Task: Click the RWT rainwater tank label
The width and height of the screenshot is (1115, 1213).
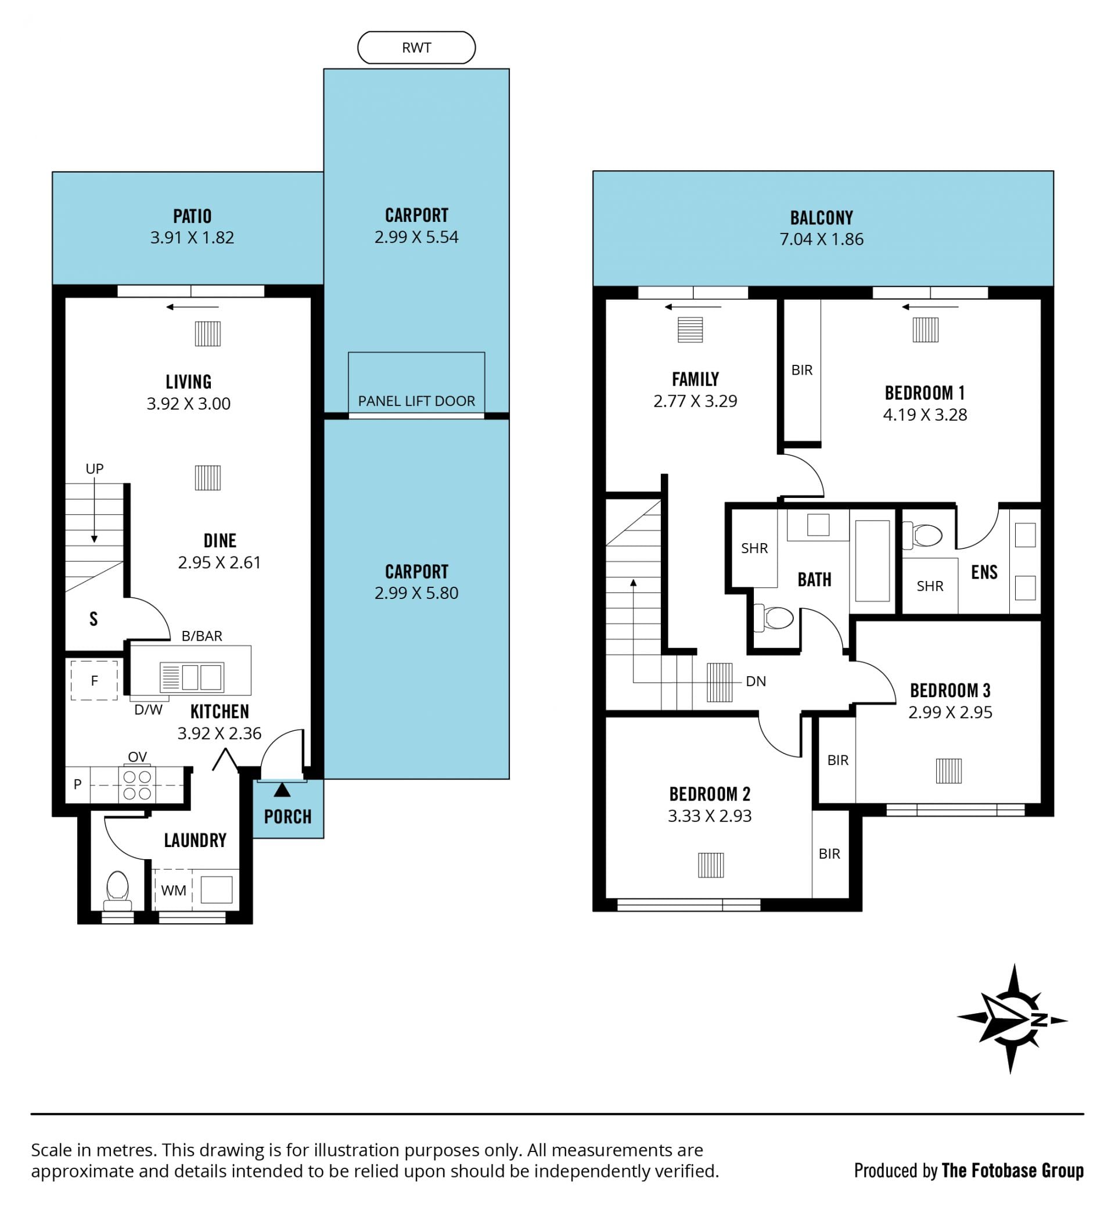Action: pos(416,48)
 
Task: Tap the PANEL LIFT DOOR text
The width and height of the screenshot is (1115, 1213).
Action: pos(416,401)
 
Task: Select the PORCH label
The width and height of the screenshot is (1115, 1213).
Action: pos(288,817)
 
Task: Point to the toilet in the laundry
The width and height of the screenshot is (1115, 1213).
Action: pos(118,891)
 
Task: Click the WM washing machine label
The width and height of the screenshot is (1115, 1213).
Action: pos(174,890)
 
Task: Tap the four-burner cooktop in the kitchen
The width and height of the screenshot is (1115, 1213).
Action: pos(137,784)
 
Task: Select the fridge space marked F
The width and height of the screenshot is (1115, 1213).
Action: pos(94,681)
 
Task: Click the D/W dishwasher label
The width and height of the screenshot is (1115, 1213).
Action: pos(149,710)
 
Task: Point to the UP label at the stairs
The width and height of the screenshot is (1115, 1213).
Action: pos(95,469)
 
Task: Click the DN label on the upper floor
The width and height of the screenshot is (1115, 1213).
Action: pos(756,681)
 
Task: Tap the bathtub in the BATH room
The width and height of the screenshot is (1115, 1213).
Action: pos(872,561)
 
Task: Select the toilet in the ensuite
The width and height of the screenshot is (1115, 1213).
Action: pos(923,535)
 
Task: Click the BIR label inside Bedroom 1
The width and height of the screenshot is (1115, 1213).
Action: pos(802,370)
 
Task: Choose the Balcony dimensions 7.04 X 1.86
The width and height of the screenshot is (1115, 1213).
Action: pos(822,239)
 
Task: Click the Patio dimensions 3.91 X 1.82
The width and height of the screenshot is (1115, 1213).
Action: pos(192,237)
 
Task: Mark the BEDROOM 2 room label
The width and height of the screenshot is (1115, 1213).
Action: pos(710,794)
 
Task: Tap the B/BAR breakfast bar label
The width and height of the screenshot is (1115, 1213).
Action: pos(202,636)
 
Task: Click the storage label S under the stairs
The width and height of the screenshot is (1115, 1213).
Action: pos(93,619)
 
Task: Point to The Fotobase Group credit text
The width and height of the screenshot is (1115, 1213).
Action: pos(1012,1170)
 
